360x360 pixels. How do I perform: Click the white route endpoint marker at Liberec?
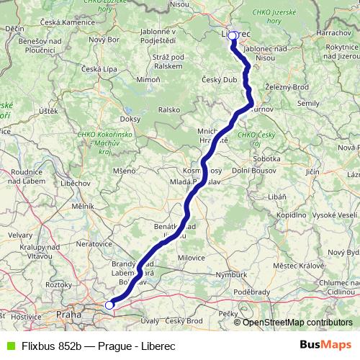tap(233, 35)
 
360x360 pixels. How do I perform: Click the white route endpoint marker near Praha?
tap(109, 305)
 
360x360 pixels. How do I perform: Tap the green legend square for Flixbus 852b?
tap(8, 345)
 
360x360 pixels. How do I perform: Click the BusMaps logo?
tap(326, 344)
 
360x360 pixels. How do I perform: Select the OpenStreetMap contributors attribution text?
tap(297, 323)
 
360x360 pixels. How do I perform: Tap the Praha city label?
tap(70, 314)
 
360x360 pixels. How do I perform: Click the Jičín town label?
tap(312, 173)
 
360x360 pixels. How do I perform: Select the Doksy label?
tap(130, 118)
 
